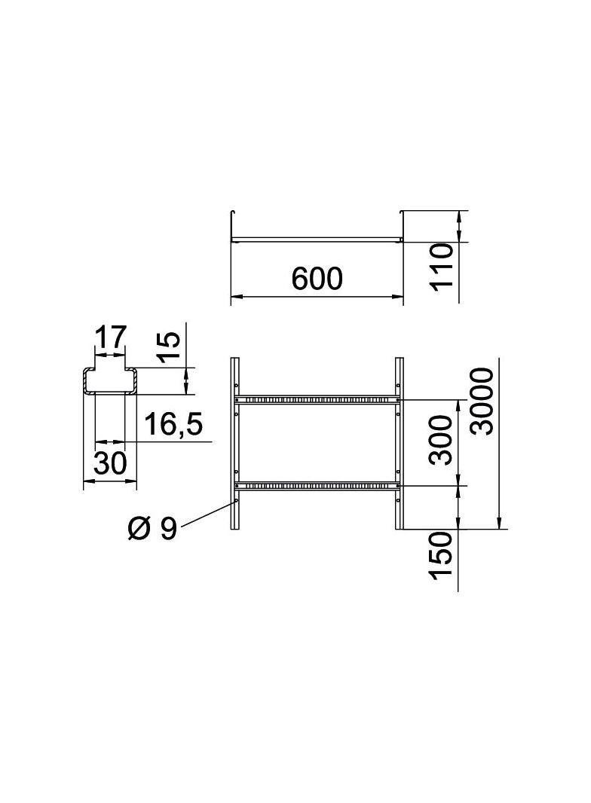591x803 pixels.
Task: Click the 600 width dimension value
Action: (x=317, y=279)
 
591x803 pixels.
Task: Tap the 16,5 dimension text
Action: (x=173, y=425)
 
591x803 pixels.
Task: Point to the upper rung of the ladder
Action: (x=317, y=396)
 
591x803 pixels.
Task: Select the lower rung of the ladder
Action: (x=317, y=484)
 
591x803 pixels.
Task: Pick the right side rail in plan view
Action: (x=398, y=444)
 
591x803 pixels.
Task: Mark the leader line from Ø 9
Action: (x=207, y=514)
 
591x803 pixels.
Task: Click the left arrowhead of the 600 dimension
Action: (x=234, y=297)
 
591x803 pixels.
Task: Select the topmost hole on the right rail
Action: (x=398, y=389)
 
